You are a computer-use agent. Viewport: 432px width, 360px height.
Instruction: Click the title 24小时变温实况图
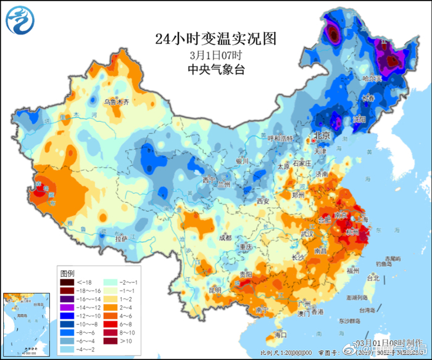pyautogui.click(x=215, y=39)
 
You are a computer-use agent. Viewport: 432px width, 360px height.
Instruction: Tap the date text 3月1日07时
pyautogui.click(x=215, y=54)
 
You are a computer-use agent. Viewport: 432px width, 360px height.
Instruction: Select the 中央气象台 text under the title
pyautogui.click(x=215, y=69)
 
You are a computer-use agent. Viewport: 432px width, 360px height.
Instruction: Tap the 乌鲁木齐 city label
pyautogui.click(x=116, y=102)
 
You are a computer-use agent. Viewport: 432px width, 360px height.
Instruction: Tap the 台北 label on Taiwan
pyautogui.click(x=373, y=278)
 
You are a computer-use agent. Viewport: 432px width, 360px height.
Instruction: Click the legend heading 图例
pyautogui.click(x=67, y=272)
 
